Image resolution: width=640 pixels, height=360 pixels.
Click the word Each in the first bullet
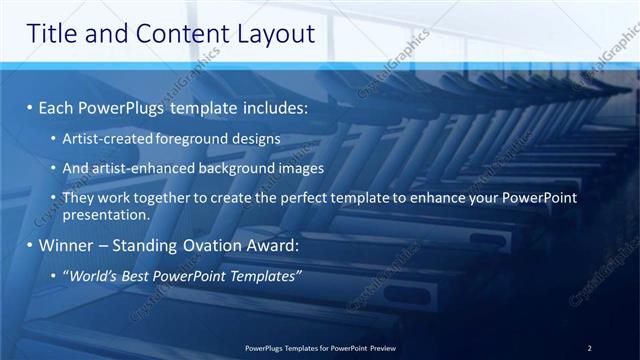click(55, 105)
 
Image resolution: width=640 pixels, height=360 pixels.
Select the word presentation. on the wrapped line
click(105, 215)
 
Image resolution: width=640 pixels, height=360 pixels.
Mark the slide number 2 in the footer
click(590, 348)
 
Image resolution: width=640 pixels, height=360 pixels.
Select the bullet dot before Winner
click(31, 245)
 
